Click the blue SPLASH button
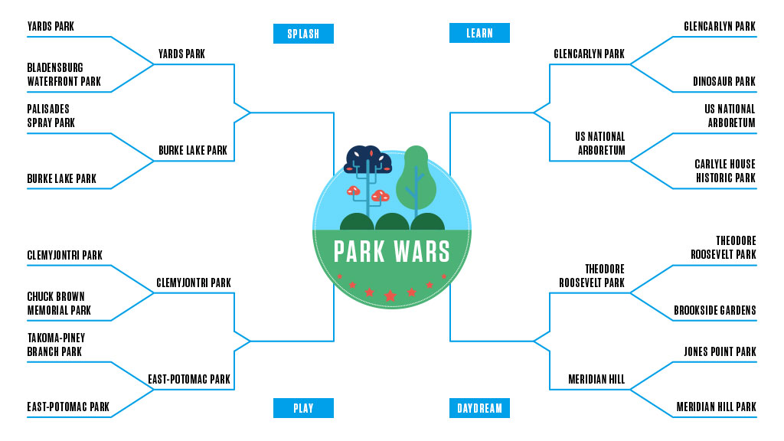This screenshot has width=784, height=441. coord(303,34)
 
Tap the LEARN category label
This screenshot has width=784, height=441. coord(479,34)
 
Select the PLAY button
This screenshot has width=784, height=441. coord(303,408)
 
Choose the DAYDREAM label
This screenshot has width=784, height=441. coord(479,408)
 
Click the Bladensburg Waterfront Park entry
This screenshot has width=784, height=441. coord(64,75)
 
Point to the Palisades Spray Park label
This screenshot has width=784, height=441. coord(51,116)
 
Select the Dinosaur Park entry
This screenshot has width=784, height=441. coord(724,81)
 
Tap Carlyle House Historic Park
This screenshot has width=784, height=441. coord(724,171)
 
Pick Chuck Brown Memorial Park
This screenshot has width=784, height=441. coord(59,303)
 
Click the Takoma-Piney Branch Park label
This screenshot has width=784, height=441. coord(56,345)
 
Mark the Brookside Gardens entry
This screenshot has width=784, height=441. coord(714,310)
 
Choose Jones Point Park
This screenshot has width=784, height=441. coord(719,351)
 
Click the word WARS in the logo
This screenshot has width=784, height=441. coord(423,252)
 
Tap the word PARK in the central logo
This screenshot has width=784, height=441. coord(358,252)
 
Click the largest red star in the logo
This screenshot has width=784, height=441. coord(390,296)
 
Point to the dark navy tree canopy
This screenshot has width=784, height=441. coord(368,159)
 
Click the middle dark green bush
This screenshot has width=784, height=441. coord(392,222)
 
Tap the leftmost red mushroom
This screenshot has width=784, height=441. coord(354,190)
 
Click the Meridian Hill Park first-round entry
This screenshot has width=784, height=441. coord(716,407)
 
